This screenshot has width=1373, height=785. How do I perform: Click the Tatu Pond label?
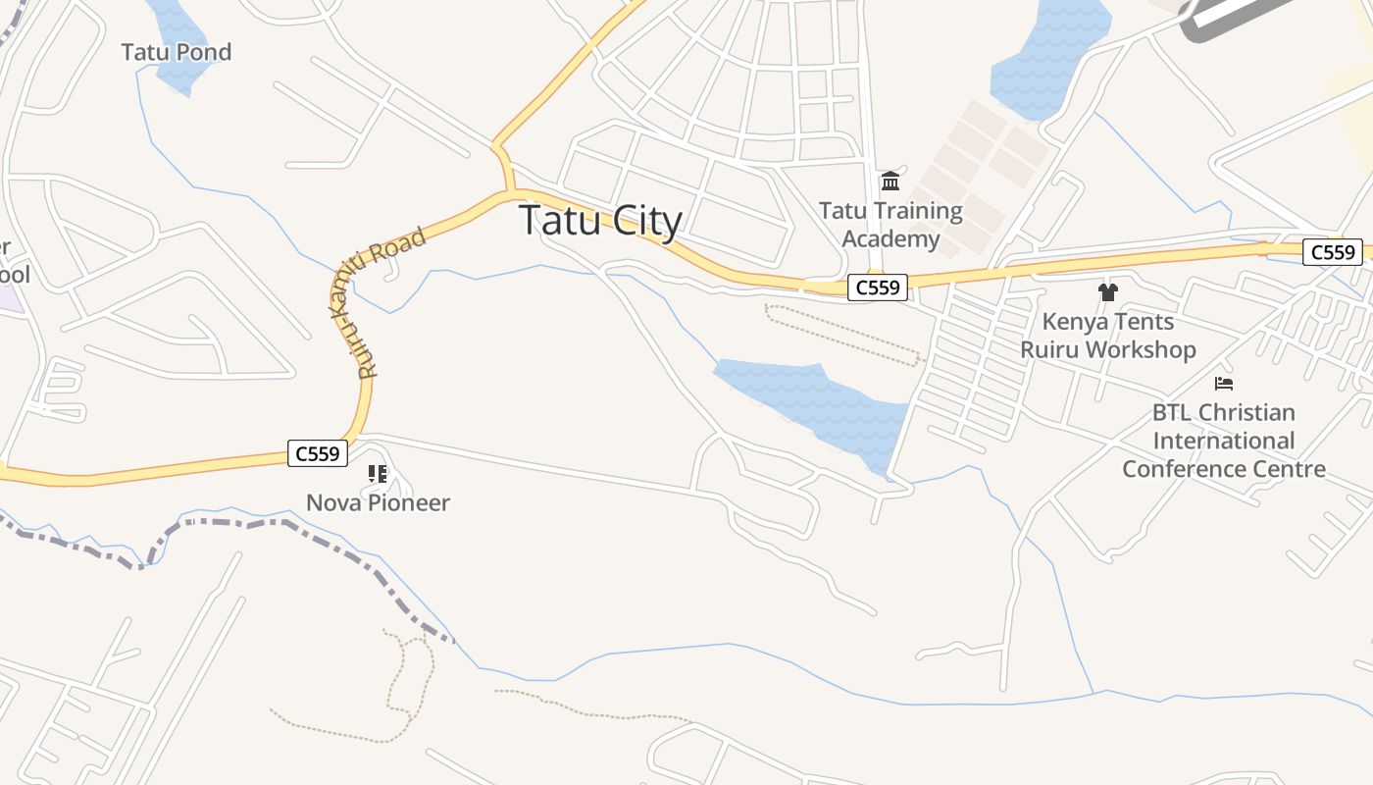tap(177, 52)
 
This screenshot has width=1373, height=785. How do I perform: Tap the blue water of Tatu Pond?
tap(175, 25)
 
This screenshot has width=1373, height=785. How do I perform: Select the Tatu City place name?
tap(600, 220)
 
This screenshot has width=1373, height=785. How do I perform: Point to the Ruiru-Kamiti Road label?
tap(391, 301)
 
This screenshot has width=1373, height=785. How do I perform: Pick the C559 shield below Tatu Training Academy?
tap(878, 288)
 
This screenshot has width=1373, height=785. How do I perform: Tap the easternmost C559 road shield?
tap(1333, 252)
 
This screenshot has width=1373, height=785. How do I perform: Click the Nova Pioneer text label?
tap(378, 503)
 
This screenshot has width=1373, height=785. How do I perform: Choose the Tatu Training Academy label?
tap(890, 225)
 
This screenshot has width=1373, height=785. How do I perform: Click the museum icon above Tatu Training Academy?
tap(890, 181)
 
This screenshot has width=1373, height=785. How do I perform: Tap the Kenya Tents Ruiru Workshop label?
tap(1108, 336)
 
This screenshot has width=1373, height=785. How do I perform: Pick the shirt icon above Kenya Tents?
tap(1108, 291)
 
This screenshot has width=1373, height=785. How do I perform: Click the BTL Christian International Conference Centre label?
tap(1224, 441)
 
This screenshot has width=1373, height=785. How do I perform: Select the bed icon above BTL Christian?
tap(1224, 383)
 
